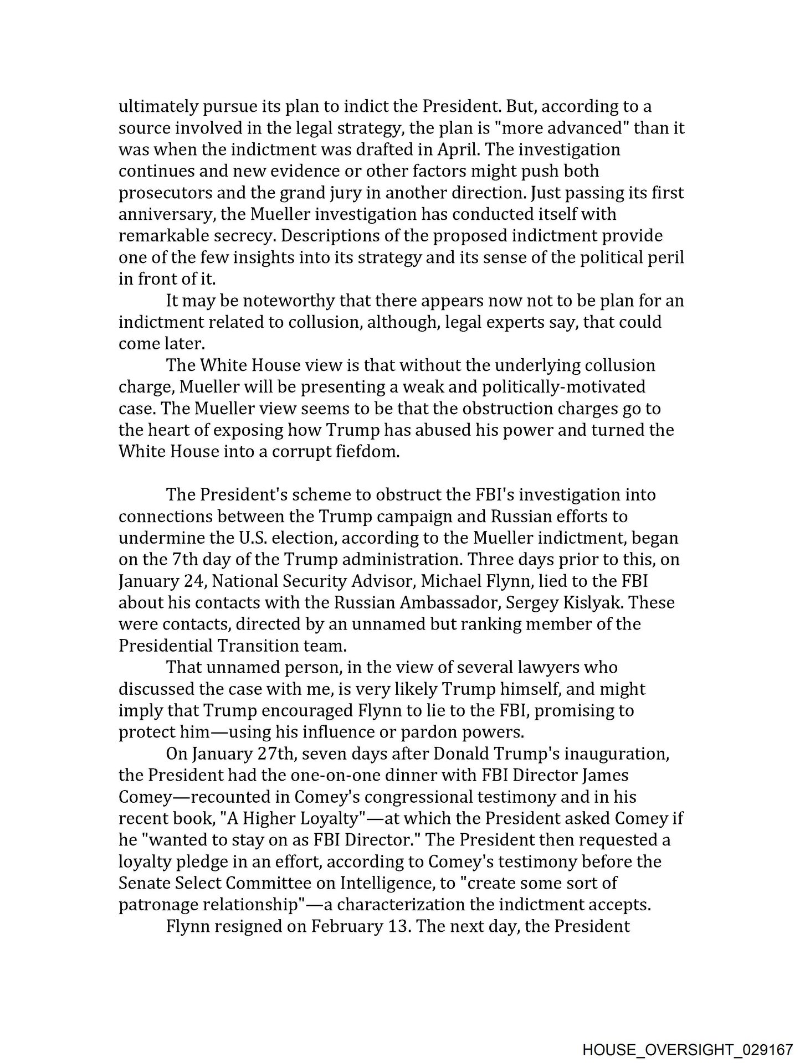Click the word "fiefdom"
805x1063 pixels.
[367, 451]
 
